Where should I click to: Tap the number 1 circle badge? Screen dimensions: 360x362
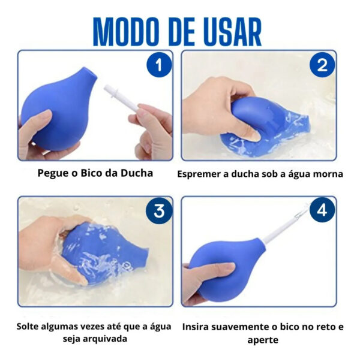point(159,65)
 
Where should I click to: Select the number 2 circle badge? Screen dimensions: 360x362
point(322,65)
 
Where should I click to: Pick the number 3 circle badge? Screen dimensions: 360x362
point(159,211)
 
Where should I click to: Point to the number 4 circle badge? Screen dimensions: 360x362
point(322,211)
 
